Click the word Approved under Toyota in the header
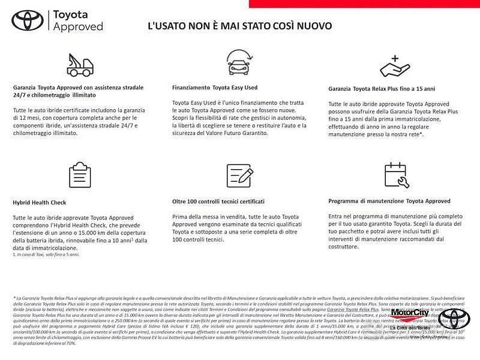[x=78, y=27]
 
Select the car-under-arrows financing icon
[x=239, y=62]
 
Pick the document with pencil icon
[x=239, y=175]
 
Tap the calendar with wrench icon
[x=396, y=175]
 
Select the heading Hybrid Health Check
[x=40, y=203]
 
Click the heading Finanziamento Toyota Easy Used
[x=214, y=88]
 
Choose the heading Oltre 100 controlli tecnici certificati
[x=218, y=202]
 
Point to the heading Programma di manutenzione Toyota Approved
[x=389, y=201]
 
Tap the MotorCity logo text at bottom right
[x=409, y=313]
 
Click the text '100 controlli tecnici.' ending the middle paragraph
[x=198, y=239]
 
